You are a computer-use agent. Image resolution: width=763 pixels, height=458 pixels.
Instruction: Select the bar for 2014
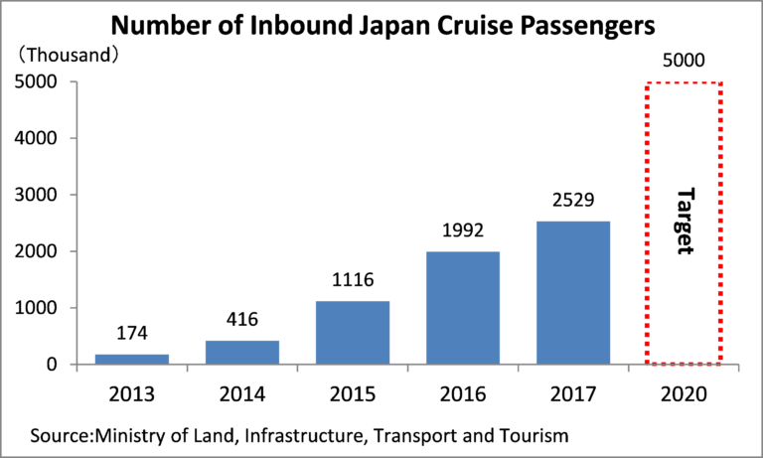pos(242,352)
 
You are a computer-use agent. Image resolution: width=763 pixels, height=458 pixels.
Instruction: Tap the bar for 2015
pos(353,333)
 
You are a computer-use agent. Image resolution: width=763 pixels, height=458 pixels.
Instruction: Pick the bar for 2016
pos(462,308)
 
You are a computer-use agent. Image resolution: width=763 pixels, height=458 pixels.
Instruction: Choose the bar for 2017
pos(572,292)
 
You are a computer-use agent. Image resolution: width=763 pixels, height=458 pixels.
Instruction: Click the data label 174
pos(133,332)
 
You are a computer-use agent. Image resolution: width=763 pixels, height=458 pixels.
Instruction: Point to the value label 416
pos(242,319)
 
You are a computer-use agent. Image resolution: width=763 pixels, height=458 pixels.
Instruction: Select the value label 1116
pos(353,279)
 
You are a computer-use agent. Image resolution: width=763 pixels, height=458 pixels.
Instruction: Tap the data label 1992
pos(462,230)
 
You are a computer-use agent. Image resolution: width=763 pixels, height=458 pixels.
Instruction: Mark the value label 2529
pos(572,200)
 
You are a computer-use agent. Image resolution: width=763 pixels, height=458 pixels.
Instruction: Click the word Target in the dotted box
pos(683,221)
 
